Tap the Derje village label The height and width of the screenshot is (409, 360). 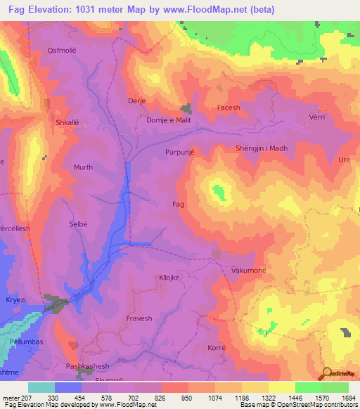[136, 101]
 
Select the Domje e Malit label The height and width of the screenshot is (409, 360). [168, 120]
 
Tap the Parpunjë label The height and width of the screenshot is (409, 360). [179, 151]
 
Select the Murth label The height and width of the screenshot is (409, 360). [83, 167]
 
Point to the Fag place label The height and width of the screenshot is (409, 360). [178, 204]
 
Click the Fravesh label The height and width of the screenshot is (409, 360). [139, 318]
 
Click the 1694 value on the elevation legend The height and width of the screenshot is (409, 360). [347, 398]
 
